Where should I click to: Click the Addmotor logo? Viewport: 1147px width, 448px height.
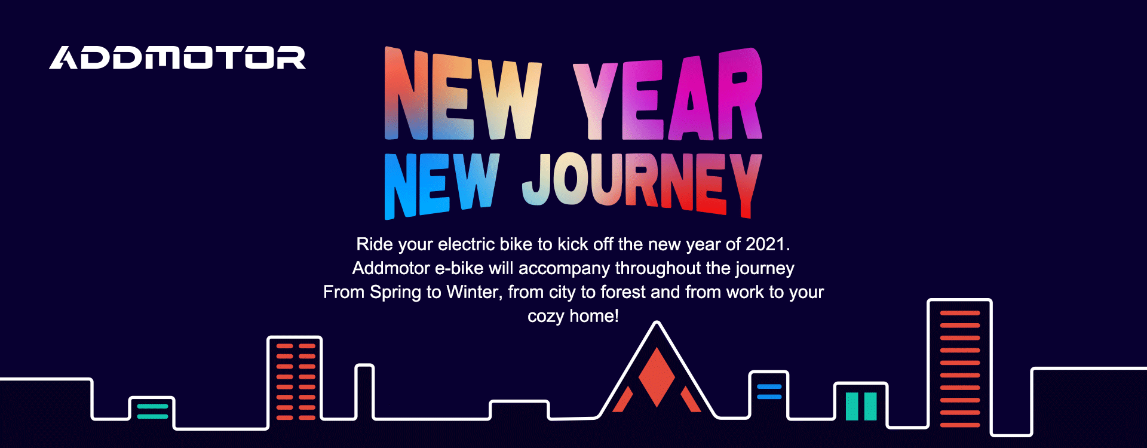point(177,58)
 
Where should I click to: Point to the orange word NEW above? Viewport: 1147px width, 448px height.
point(463,94)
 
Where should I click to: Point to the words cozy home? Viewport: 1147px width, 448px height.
point(573,316)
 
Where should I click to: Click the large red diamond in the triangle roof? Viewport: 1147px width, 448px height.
point(657,377)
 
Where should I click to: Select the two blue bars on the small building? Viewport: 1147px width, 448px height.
point(769,392)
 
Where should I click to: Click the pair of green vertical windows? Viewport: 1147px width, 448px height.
point(861,406)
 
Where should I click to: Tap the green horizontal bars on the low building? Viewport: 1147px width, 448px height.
point(153,411)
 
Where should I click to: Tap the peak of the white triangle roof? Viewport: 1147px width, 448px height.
point(657,323)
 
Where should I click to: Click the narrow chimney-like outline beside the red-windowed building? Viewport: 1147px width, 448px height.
point(365,391)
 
